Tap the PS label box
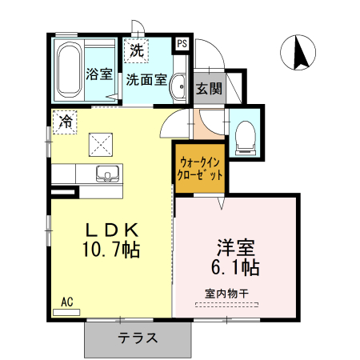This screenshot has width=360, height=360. [x=183, y=44]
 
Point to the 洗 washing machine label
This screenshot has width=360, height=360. [x=136, y=50]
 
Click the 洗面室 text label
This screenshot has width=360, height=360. [x=146, y=79]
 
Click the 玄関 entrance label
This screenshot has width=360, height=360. [x=209, y=88]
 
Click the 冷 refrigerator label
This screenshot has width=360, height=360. [x=65, y=123]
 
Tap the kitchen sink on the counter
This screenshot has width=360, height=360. [x=107, y=174]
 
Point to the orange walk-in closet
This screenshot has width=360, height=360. [x=199, y=168]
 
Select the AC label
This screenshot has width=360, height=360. [x=67, y=302]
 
